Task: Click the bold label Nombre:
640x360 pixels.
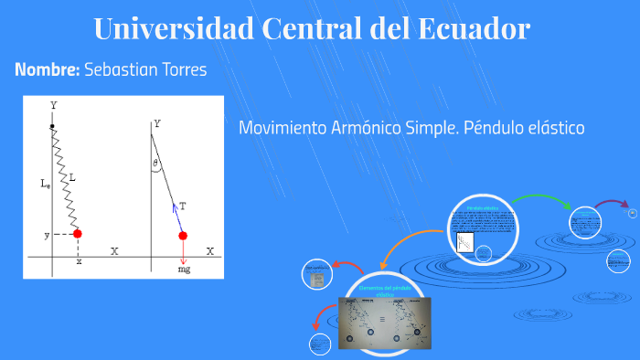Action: click(47, 70)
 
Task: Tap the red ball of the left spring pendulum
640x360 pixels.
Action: click(78, 234)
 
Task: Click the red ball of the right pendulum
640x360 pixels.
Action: click(183, 236)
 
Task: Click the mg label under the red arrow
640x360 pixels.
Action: click(184, 270)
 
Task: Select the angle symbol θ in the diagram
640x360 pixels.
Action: click(156, 164)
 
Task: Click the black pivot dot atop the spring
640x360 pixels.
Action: click(53, 126)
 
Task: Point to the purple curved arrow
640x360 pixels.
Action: click(610, 205)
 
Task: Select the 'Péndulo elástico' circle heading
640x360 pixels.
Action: click(484, 208)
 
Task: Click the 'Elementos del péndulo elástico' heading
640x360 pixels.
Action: click(384, 291)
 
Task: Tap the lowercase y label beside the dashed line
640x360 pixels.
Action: click(47, 235)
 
